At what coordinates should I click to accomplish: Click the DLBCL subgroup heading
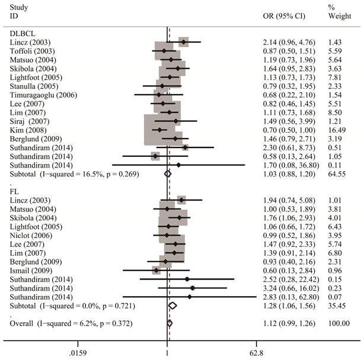click(19, 34)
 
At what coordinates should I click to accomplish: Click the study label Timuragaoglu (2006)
click(44, 95)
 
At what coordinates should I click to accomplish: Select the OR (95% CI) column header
click(284, 15)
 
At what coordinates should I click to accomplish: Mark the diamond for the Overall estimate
click(170, 323)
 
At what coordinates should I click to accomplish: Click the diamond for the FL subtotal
click(173, 306)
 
